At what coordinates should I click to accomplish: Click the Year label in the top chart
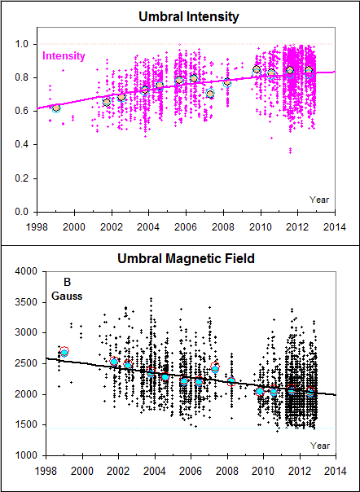pos(319,199)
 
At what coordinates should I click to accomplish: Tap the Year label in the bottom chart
pos(319,445)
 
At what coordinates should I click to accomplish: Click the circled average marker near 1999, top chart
pos(56,108)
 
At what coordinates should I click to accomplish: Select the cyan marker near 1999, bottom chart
pos(64,353)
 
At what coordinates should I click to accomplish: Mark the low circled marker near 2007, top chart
pos(209,94)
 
